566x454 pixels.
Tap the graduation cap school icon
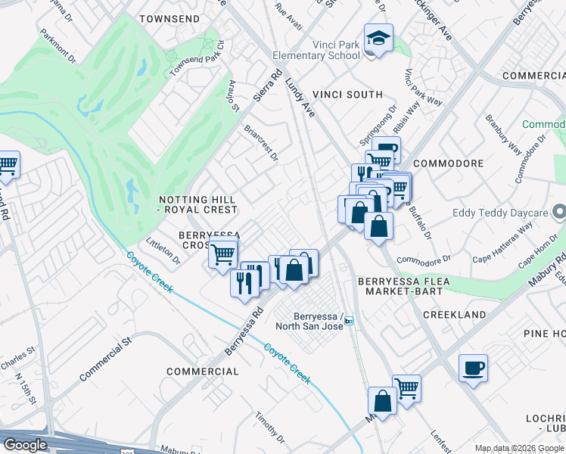(x=375, y=37)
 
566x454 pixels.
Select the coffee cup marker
(x=473, y=368)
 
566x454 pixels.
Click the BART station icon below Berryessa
(x=349, y=321)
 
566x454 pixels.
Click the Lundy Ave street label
(x=300, y=99)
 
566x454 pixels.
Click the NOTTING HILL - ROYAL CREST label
(x=197, y=204)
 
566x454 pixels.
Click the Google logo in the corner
(x=25, y=444)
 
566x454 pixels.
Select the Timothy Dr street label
(x=269, y=428)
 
